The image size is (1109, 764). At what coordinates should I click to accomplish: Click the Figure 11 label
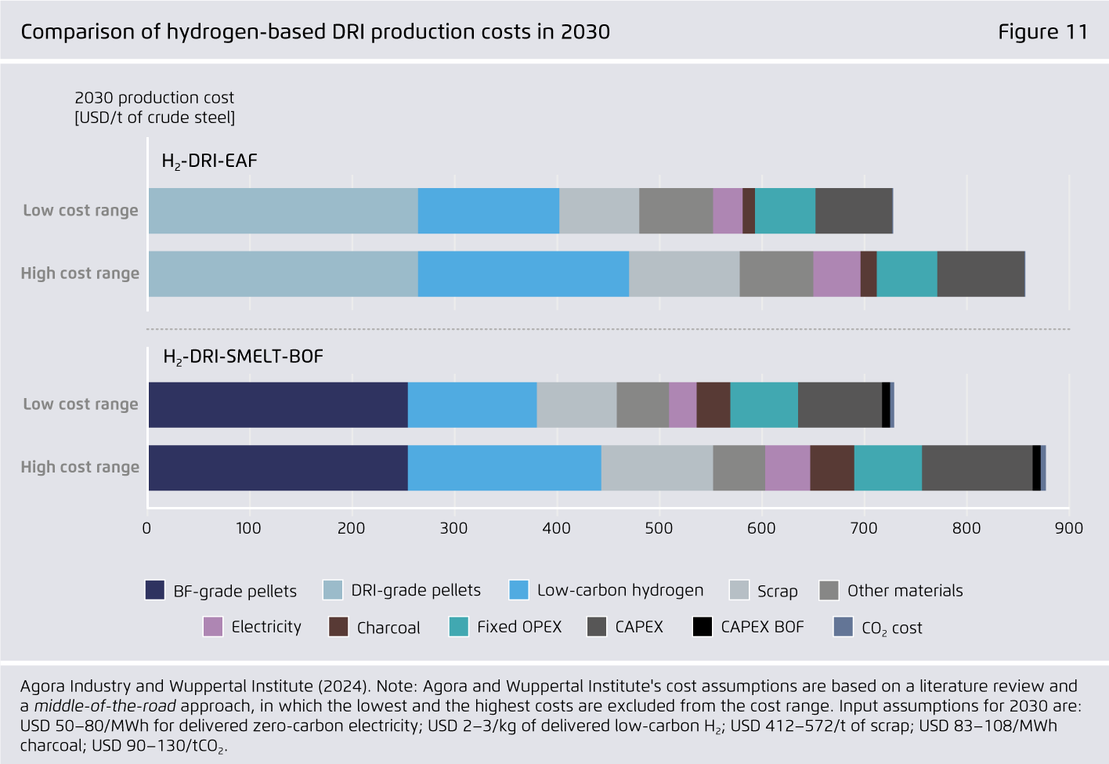pos(1042,31)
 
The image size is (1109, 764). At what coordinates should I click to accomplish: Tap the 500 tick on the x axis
pos(659,528)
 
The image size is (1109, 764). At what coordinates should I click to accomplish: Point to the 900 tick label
pos(1068,528)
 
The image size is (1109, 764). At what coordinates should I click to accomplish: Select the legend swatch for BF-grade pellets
pos(155,590)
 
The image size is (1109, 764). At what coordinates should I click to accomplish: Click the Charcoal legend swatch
pos(338,627)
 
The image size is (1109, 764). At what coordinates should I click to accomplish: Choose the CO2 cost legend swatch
pos(843,627)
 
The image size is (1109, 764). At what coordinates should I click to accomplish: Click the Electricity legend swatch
pos(212,627)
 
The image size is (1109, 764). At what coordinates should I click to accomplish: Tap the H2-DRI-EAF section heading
pos(209,161)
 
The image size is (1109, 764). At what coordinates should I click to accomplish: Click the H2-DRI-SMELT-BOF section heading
pos(243,357)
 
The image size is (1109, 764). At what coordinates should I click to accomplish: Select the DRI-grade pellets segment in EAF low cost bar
pos(283,211)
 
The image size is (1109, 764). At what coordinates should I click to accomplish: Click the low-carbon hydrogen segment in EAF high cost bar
pos(523,273)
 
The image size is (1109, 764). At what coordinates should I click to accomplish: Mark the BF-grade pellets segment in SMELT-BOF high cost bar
pos(278,468)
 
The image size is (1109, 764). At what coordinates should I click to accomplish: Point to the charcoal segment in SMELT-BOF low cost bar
pos(713,405)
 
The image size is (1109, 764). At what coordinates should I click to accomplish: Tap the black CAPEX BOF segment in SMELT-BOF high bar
pos(1036,468)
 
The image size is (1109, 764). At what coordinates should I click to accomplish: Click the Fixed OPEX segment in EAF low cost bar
pos(785,211)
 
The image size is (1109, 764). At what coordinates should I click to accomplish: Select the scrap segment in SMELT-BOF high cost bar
pos(657,468)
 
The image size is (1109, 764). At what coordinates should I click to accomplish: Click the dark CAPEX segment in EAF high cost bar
pos(981,273)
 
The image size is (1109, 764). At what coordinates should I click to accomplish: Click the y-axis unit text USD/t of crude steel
pos(155,118)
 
